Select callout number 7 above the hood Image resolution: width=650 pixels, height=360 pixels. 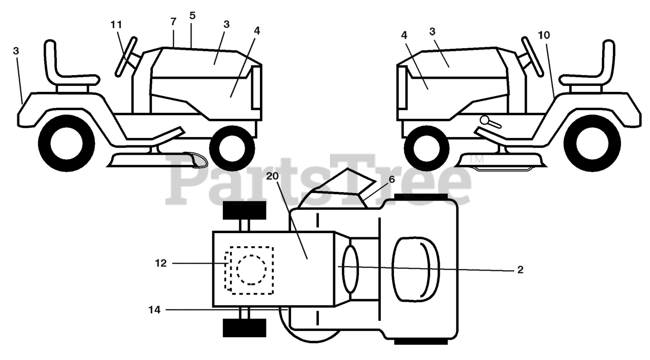[174, 22]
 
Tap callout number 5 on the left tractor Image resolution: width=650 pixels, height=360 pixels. [192, 16]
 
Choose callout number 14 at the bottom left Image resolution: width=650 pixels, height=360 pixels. [155, 309]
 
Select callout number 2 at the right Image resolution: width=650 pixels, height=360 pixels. [520, 270]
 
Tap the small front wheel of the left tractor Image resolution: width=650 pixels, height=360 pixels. [232, 147]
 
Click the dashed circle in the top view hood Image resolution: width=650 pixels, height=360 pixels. [251, 270]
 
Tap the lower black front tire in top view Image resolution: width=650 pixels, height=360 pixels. [244, 328]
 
